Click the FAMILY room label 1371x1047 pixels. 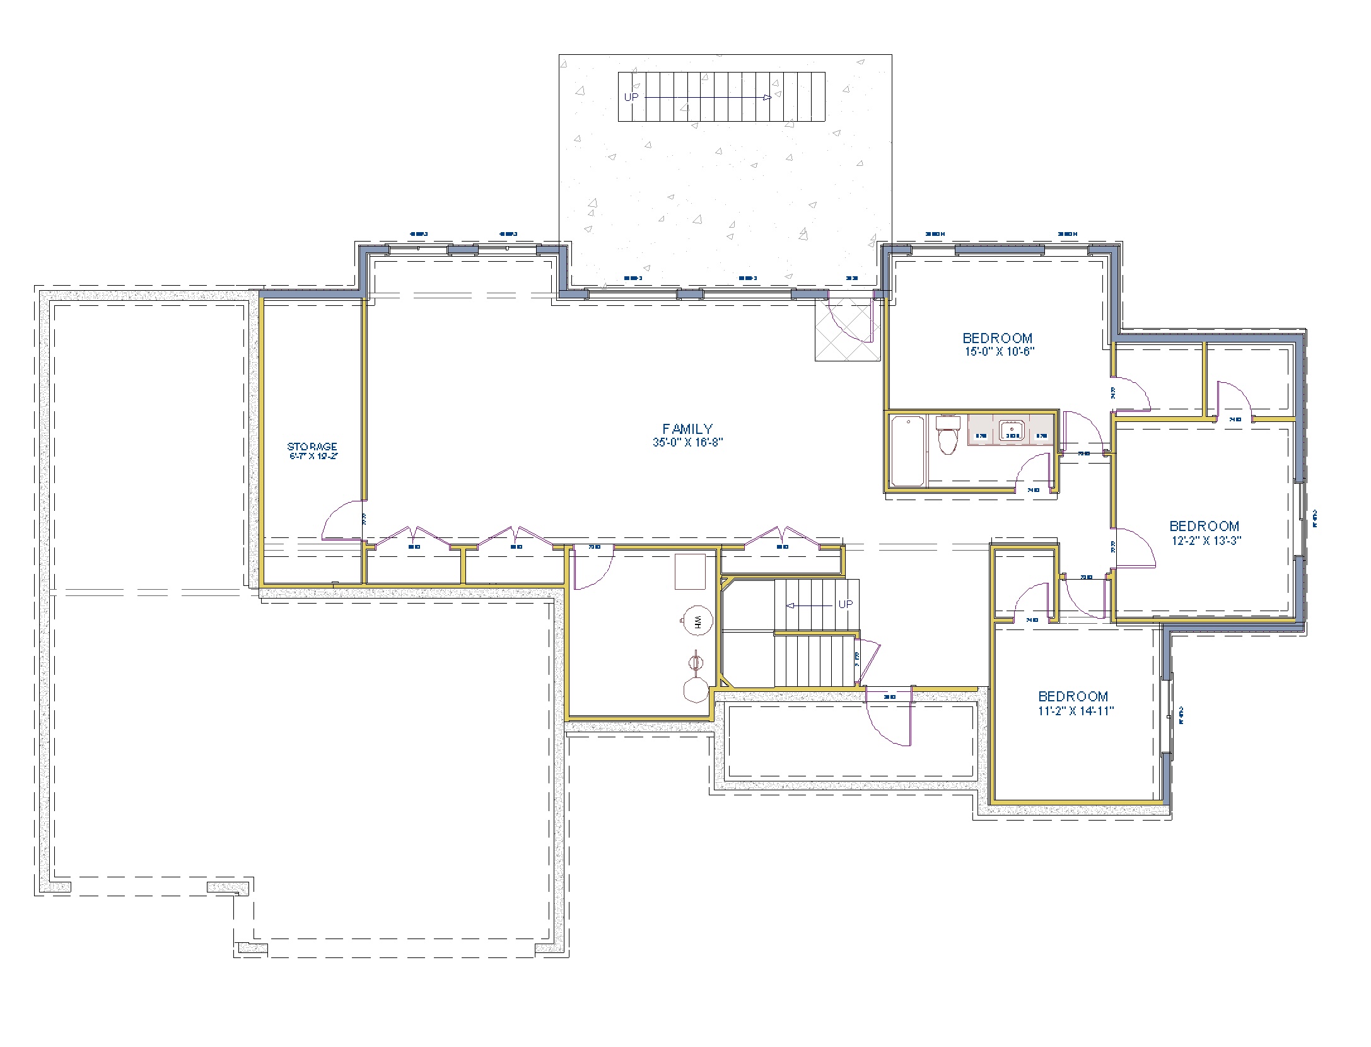coord(687,429)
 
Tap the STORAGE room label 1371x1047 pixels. coord(312,447)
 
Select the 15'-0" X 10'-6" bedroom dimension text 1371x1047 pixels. coord(1000,352)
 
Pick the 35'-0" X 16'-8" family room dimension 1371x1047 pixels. coord(687,442)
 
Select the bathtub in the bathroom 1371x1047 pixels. coord(907,452)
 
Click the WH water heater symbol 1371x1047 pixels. coord(697,622)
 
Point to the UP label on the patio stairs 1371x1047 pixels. coord(631,97)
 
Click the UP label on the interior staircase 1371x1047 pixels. coord(845,604)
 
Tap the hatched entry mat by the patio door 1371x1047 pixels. coord(847,330)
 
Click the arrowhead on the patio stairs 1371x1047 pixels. coord(766,97)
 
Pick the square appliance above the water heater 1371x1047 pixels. coord(690,571)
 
